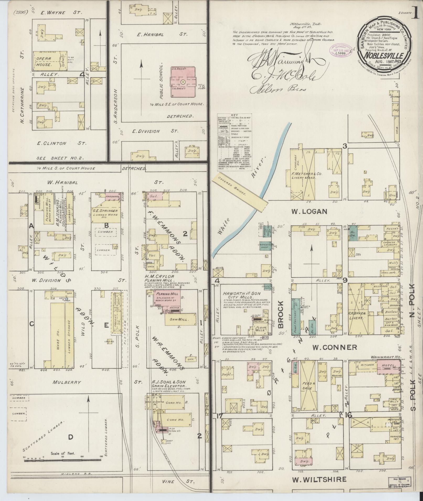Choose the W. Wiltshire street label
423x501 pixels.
pyautogui.click(x=319, y=480)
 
